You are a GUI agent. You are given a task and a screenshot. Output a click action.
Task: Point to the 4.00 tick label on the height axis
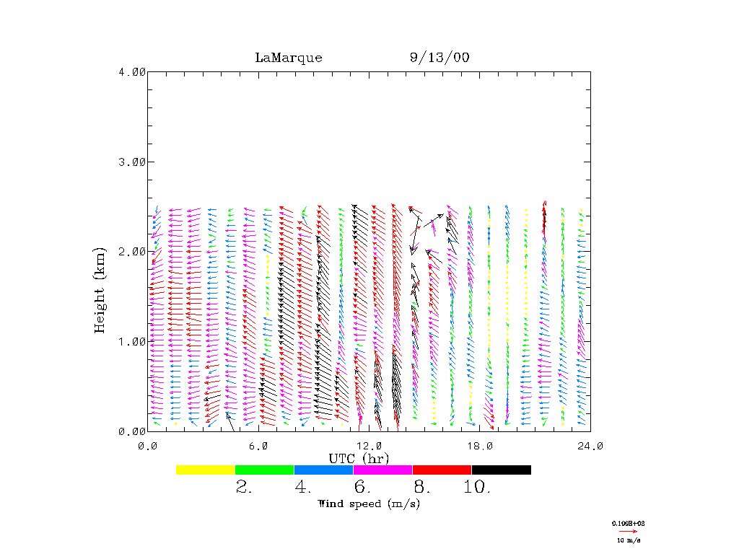pos(132,71)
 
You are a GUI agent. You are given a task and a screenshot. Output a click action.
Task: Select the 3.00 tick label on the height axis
pos(132,162)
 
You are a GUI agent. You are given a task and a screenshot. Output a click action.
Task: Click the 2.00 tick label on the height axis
pos(132,251)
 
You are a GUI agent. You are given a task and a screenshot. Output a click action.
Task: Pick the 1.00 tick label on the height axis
pos(132,341)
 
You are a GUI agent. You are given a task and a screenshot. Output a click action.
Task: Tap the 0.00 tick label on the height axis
pos(132,431)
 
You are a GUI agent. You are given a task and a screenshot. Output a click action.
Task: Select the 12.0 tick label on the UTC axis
pos(369,446)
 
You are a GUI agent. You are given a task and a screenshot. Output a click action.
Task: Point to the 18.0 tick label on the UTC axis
pos(480,446)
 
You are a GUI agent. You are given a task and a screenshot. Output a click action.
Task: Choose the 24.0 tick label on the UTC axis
pos(590,446)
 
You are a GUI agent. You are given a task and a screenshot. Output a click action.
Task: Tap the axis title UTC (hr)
pos(359,458)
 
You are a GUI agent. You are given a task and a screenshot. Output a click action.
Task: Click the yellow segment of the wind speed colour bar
pos(206,470)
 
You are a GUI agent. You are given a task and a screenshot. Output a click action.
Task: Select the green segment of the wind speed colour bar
pos(265,470)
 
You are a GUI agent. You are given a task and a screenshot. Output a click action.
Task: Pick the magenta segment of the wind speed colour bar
pos(382,470)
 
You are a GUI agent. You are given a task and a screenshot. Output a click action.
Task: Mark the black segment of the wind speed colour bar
pos(502,470)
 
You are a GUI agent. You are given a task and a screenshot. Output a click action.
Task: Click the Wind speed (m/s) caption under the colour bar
pos(369,504)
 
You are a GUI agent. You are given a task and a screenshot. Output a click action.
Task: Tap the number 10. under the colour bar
pos(476,488)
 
